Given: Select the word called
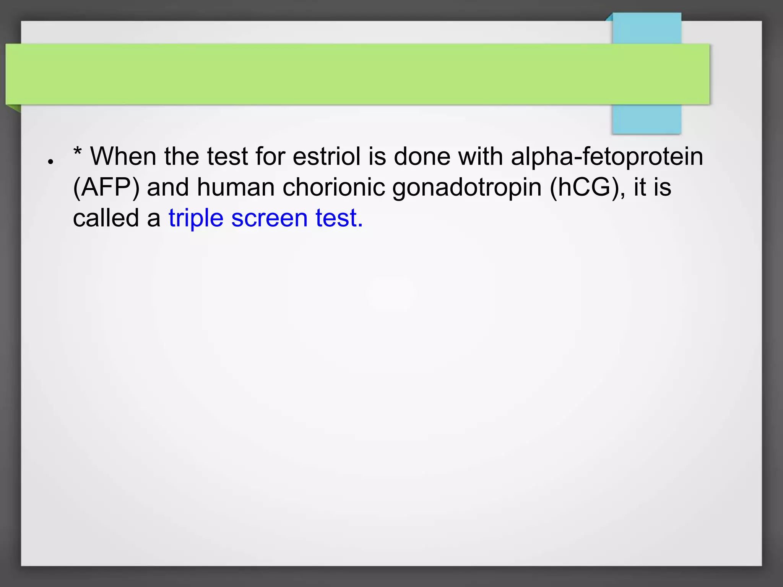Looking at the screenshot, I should pyautogui.click(x=106, y=218).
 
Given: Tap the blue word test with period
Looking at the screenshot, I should pyautogui.click(x=339, y=218).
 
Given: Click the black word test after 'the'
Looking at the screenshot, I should pyautogui.click(x=227, y=156).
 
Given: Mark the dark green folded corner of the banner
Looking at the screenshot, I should pyautogui.click(x=15, y=109).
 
